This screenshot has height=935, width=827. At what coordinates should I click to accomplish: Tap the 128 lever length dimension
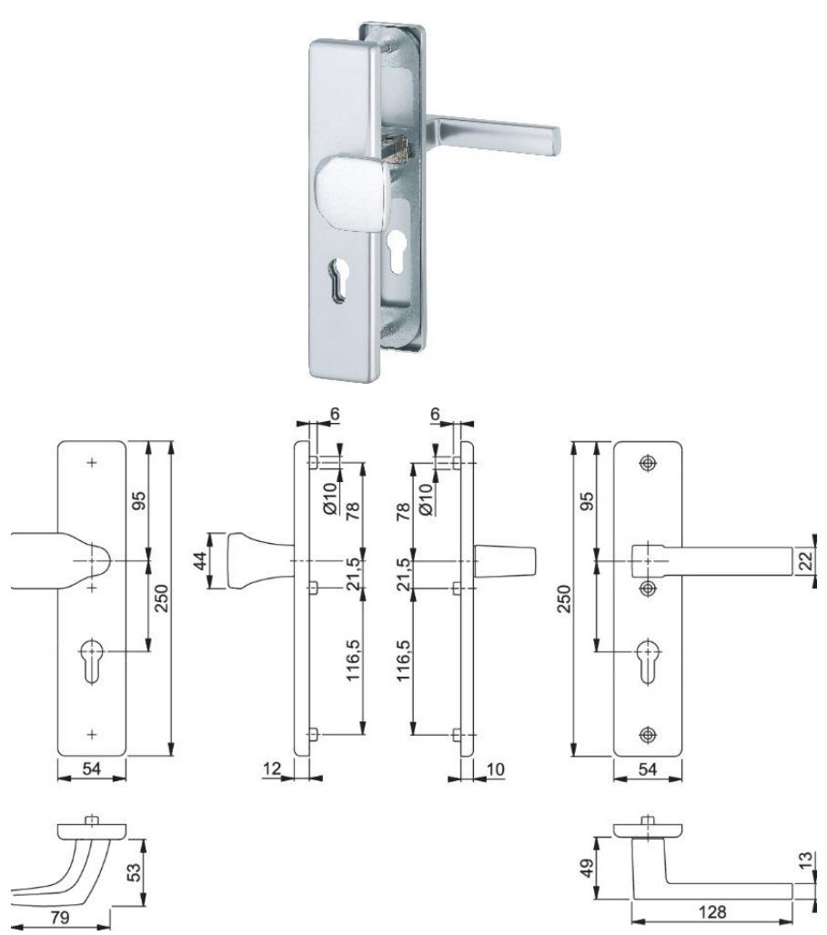(711, 911)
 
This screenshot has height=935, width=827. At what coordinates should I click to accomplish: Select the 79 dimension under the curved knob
(60, 917)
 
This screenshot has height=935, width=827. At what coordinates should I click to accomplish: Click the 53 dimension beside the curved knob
(136, 872)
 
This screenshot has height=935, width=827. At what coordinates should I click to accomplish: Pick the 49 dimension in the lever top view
(587, 868)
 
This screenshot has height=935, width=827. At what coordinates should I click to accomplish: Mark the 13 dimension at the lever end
(805, 860)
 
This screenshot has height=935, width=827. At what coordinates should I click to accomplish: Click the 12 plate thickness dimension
(271, 769)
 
